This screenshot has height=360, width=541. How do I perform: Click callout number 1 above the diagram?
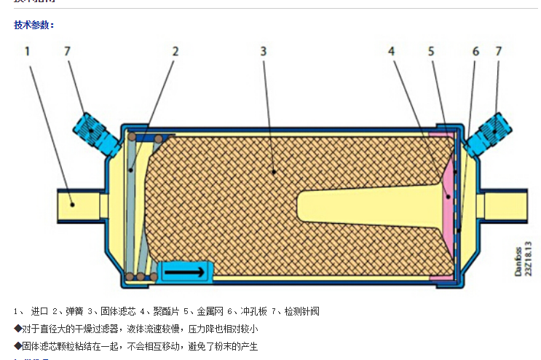pos(27,51)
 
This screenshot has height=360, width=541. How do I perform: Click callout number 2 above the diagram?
pos(175,51)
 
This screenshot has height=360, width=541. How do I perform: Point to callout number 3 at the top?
pos(263,51)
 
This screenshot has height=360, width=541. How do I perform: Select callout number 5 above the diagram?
pos(431,51)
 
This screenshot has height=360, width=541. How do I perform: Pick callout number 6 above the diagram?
pos(475,51)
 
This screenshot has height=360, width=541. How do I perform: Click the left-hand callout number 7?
pos(68,51)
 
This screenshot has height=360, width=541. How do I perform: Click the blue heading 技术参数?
pos(33,26)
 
